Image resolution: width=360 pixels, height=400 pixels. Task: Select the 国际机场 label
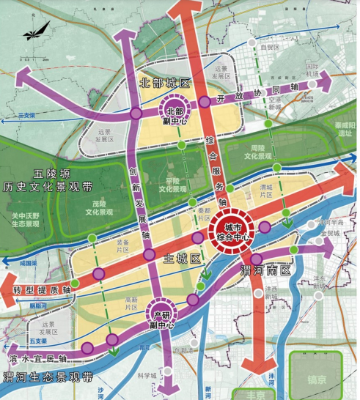[x=313, y=70]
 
